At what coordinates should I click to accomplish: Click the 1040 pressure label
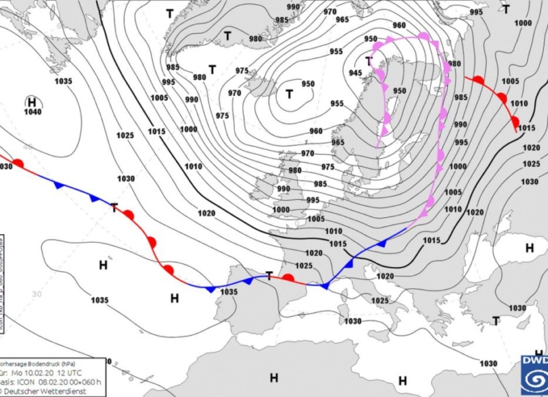coord(32,112)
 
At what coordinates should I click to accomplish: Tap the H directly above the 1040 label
coord(32,102)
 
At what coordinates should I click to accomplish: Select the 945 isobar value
coord(355,73)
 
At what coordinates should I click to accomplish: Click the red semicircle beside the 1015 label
coord(514,123)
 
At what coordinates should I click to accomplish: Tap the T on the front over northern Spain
coord(270,275)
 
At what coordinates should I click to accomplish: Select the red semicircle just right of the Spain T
coord(289,279)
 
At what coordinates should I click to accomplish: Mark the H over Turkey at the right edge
coord(529,248)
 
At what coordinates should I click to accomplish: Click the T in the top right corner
coord(506,9)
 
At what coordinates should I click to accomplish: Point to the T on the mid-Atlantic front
coord(114,207)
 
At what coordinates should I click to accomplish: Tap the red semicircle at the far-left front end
coord(19,164)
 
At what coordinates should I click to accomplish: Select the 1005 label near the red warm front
coord(510,81)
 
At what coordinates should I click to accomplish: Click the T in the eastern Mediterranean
coord(495,320)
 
